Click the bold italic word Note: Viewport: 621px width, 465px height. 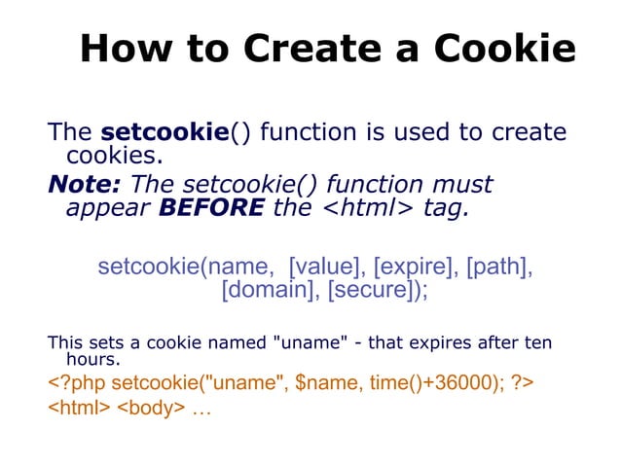tap(86, 184)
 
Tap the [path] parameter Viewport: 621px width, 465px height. tap(496, 267)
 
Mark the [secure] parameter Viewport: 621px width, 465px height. tap(377, 291)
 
